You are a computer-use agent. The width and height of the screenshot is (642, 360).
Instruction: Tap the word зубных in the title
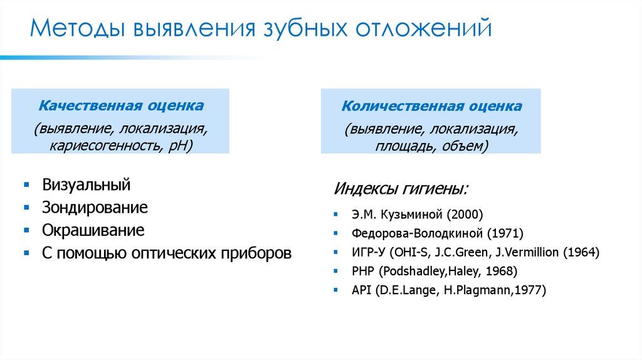click(303, 30)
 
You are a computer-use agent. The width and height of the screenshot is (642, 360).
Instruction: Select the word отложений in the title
click(423, 30)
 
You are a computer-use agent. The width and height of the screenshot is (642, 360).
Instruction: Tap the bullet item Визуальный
click(87, 185)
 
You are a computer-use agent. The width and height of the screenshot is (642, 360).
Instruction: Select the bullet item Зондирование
click(95, 208)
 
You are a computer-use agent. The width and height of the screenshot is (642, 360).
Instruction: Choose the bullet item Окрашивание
click(93, 230)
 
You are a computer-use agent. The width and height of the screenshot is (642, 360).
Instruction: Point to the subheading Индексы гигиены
click(401, 189)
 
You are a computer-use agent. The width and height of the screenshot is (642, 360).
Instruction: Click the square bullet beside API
click(336, 290)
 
